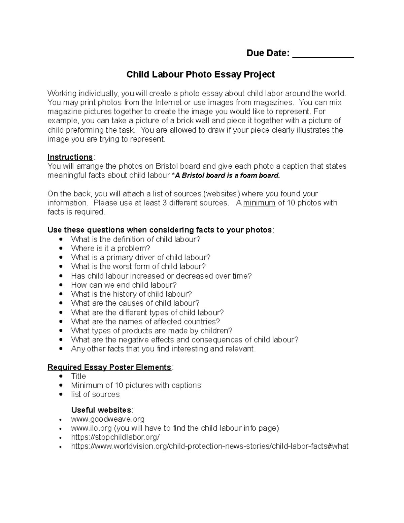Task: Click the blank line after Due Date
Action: click(323, 54)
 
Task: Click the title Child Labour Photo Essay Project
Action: click(200, 74)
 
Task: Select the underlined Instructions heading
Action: click(70, 157)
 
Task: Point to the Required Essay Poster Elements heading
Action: click(109, 367)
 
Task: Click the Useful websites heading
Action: click(101, 410)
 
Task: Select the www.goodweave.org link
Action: click(108, 419)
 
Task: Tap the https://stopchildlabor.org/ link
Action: click(115, 437)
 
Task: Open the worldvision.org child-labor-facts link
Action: click(209, 447)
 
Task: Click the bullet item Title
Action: click(78, 376)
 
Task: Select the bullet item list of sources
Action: click(95, 394)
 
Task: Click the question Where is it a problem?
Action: click(110, 249)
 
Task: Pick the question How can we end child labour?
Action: click(124, 285)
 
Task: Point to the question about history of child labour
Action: click(131, 294)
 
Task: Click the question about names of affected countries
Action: click(145, 322)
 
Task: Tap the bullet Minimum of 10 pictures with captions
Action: click(136, 385)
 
